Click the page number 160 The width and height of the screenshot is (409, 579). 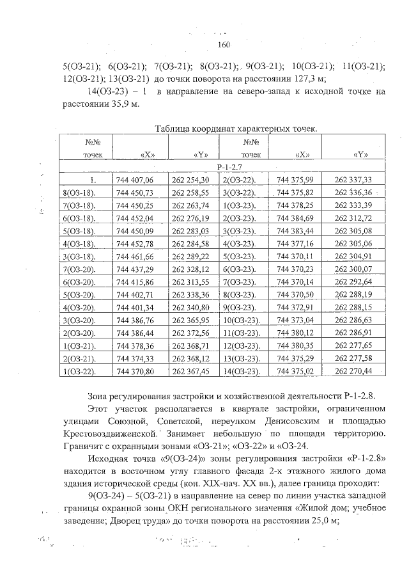[223, 44]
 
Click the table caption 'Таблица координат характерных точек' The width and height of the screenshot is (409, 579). [236, 129]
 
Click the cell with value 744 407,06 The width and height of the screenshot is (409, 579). [140, 180]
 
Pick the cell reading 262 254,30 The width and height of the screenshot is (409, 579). [191, 180]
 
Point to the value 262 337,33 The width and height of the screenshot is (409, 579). [353, 180]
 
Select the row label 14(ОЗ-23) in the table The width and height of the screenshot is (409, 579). [241, 370]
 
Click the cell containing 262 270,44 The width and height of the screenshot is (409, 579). [353, 370]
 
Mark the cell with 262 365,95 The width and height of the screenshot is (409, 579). [191, 319]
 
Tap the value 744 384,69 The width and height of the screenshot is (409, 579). [295, 218]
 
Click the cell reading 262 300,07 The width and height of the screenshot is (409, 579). [353, 269]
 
